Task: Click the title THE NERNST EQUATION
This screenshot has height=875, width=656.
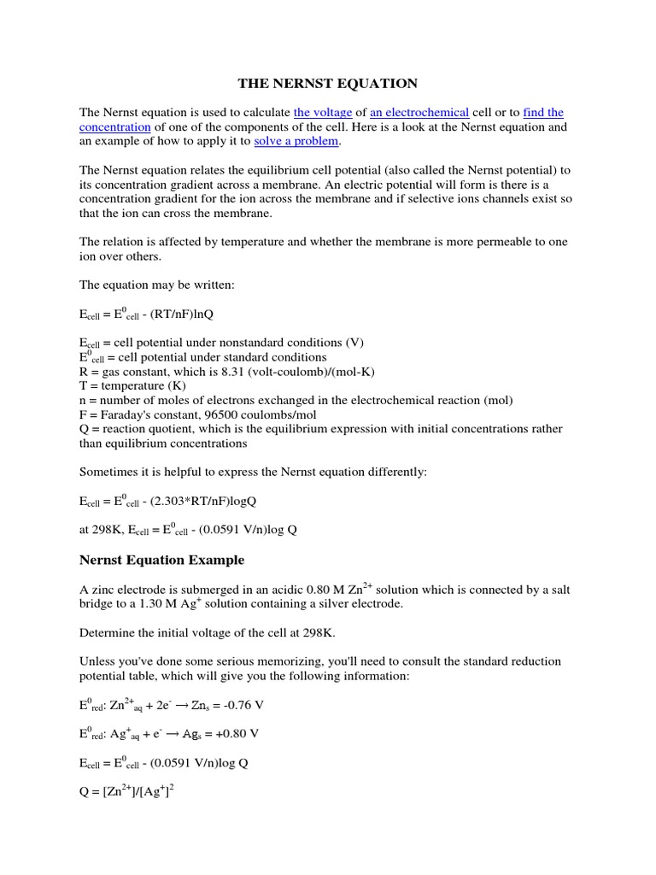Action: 327,84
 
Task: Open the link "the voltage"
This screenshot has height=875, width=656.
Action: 323,113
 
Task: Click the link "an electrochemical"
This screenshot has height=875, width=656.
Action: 419,113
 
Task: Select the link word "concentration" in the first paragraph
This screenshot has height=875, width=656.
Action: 115,127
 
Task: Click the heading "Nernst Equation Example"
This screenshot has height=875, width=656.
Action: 161,561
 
